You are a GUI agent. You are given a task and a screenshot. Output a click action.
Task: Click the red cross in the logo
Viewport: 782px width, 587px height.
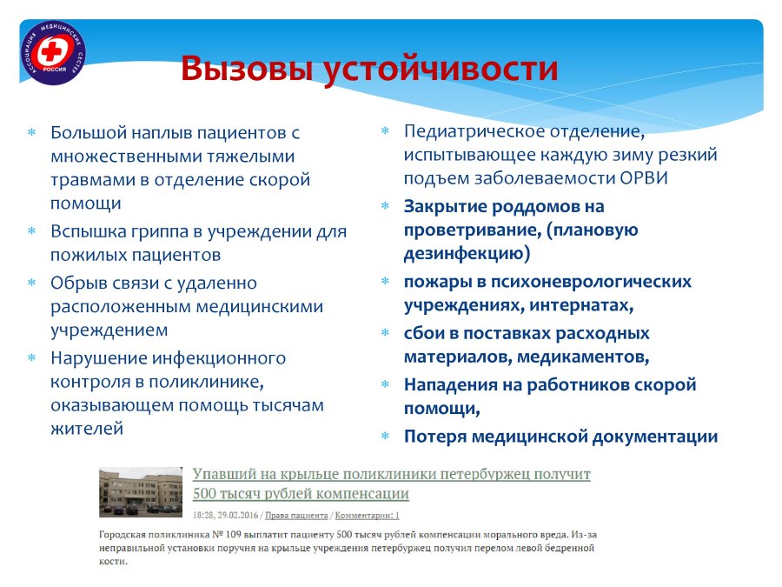point(50,51)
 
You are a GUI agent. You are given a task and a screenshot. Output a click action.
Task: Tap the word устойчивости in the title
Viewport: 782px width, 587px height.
point(441,69)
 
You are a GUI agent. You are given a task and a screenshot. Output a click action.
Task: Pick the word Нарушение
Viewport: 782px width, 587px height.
point(98,358)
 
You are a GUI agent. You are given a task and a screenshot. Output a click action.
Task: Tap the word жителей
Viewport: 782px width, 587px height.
point(87,429)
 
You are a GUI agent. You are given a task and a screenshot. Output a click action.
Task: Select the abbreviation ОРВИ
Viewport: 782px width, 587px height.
point(644,178)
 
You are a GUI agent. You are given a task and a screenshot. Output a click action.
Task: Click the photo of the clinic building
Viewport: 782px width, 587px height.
point(141,491)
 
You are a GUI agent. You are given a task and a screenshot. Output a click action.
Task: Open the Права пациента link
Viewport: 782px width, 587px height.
point(296,515)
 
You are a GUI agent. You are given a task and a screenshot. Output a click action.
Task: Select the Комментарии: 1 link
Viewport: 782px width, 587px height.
point(367,515)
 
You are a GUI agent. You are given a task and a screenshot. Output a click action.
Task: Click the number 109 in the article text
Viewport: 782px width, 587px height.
point(234,535)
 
